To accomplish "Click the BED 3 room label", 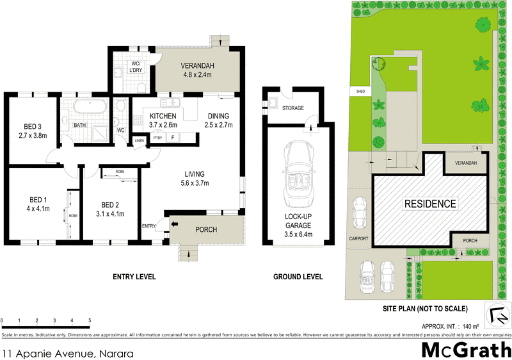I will coord(33,131).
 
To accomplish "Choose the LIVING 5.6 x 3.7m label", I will coord(195,178).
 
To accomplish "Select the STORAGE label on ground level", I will coord(293,108).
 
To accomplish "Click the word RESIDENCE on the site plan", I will coord(430,204).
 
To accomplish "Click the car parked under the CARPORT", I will coord(360,211).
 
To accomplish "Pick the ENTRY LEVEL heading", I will coord(134,277).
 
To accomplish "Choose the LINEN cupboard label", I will coord(139,141).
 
